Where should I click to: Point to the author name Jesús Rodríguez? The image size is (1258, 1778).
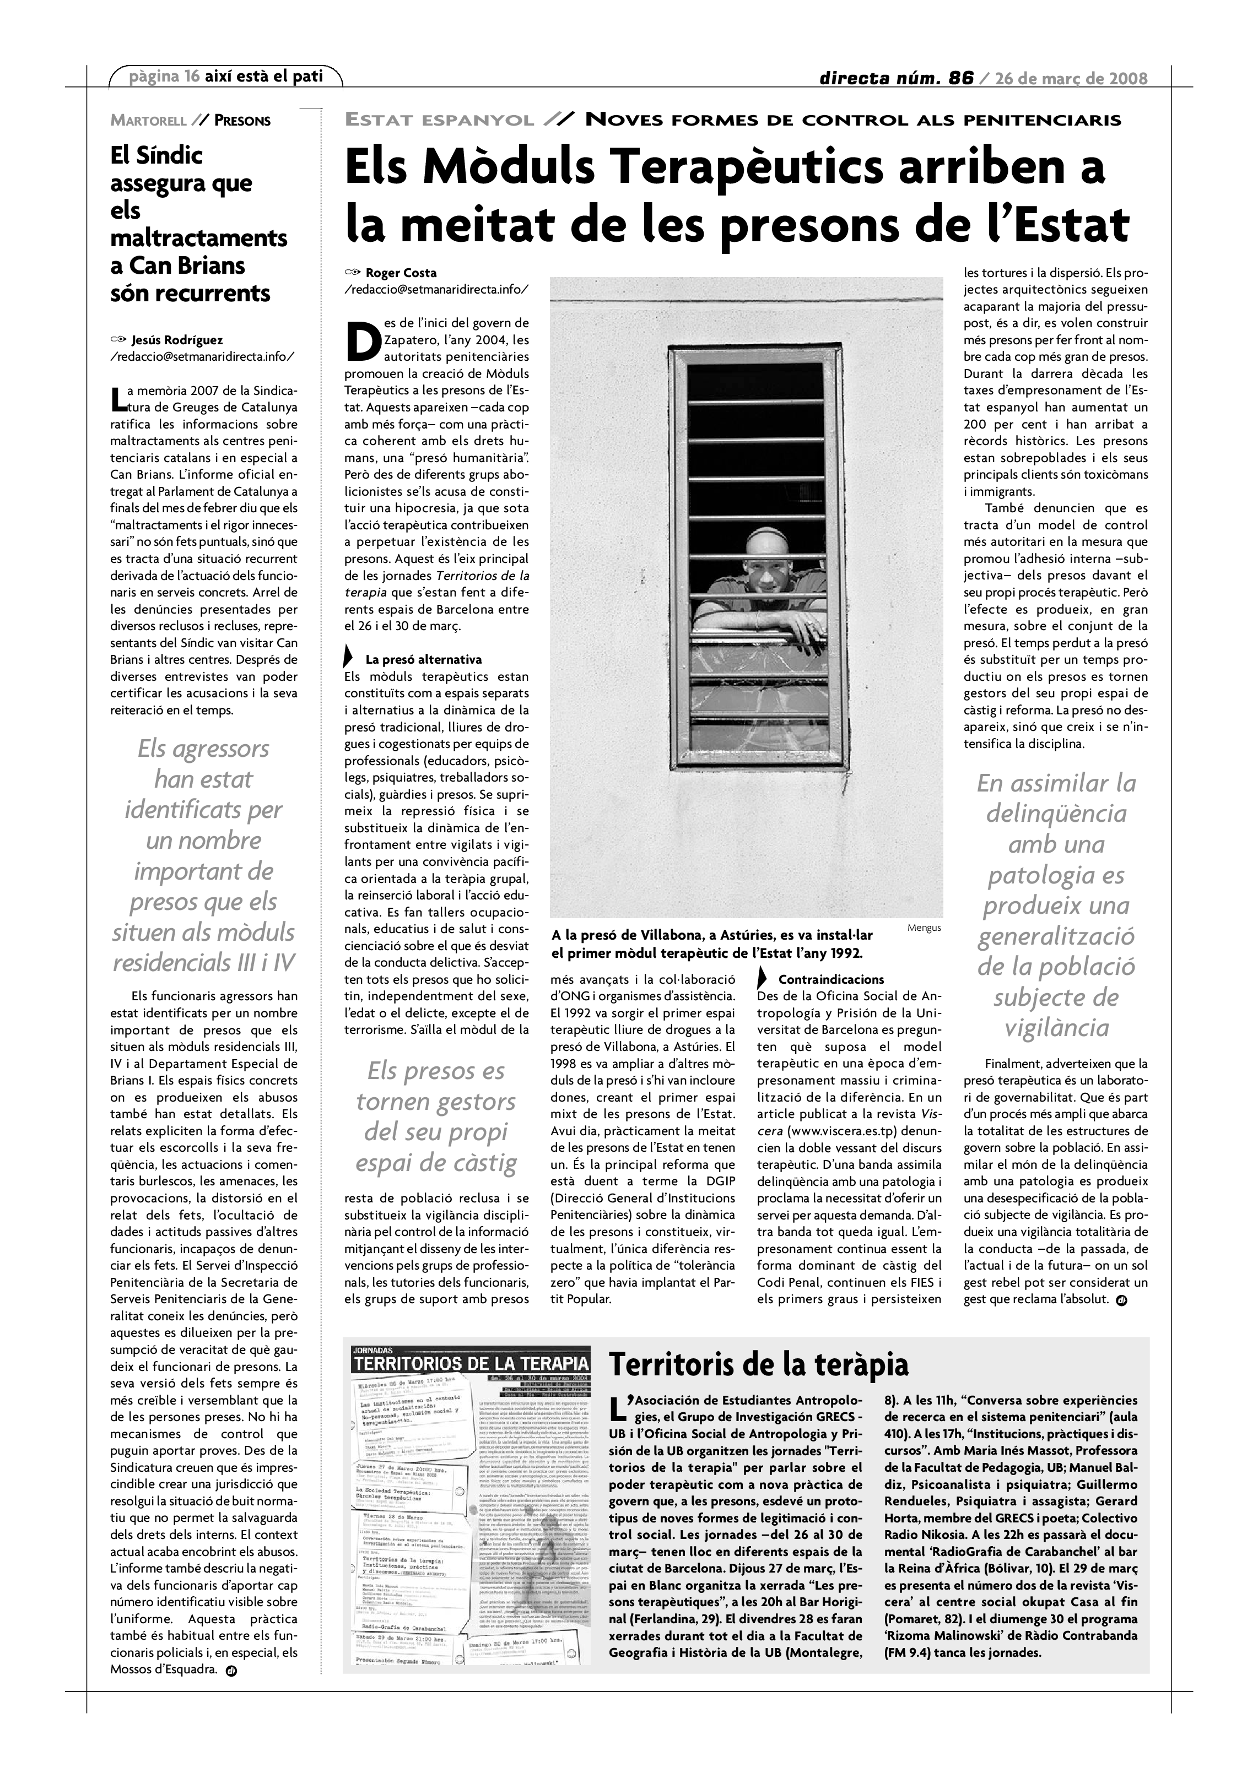pyautogui.click(x=177, y=340)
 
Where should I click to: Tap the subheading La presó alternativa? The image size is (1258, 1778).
pyautogui.click(x=423, y=660)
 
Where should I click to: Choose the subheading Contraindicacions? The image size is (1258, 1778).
pyautogui.click(x=830, y=979)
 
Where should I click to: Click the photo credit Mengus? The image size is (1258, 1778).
pyautogui.click(x=924, y=928)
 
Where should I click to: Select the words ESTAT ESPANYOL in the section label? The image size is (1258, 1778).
pyautogui.click(x=439, y=120)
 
